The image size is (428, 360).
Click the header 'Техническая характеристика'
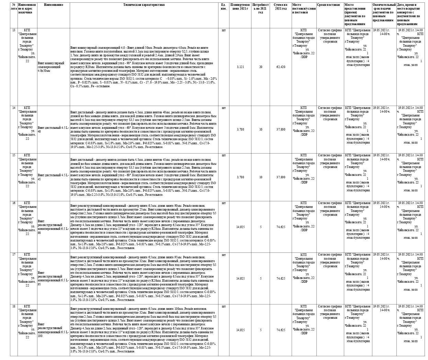(x=144, y=5)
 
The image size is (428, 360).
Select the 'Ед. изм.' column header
(x=224, y=7)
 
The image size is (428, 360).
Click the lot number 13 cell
(x=14, y=30)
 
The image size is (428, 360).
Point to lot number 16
(x=14, y=203)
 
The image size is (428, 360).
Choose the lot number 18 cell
(x=14, y=306)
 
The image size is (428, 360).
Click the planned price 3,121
(x=240, y=67)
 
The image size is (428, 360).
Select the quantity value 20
(x=261, y=67)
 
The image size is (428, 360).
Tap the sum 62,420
(x=281, y=67)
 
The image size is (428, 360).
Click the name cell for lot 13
(x=51, y=67)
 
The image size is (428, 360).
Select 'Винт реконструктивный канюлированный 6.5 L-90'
(x=53, y=227)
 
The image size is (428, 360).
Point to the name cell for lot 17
(x=53, y=278)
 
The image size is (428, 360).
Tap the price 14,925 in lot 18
(x=240, y=330)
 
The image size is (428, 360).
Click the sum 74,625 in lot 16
(x=281, y=227)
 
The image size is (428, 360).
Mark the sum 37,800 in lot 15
(x=281, y=177)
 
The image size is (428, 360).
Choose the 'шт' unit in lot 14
(x=224, y=108)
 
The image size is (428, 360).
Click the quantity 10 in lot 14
(x=261, y=130)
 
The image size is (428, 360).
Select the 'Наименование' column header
(x=53, y=5)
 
